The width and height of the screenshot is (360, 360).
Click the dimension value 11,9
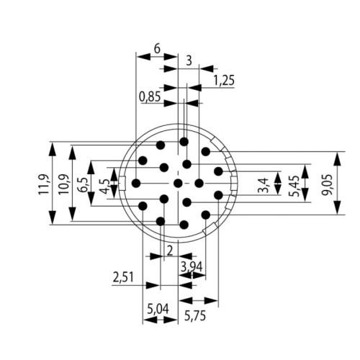43,185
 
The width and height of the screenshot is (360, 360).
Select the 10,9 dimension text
63,185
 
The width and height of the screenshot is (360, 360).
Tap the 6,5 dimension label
84,185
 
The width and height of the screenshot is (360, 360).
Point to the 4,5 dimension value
104,186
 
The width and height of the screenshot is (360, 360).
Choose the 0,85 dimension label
150,96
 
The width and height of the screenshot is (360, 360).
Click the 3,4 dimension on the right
264,184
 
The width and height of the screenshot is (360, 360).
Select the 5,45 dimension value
295,185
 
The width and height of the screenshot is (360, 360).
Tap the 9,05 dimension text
327,185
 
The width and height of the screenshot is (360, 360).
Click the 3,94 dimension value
192,268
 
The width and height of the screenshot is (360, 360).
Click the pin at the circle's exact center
177,184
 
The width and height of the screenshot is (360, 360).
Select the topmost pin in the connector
184,143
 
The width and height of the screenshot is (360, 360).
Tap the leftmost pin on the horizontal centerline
137,184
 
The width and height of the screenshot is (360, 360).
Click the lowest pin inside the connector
184,225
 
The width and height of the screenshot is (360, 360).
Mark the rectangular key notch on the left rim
123,184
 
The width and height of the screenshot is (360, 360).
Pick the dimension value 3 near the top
189,61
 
